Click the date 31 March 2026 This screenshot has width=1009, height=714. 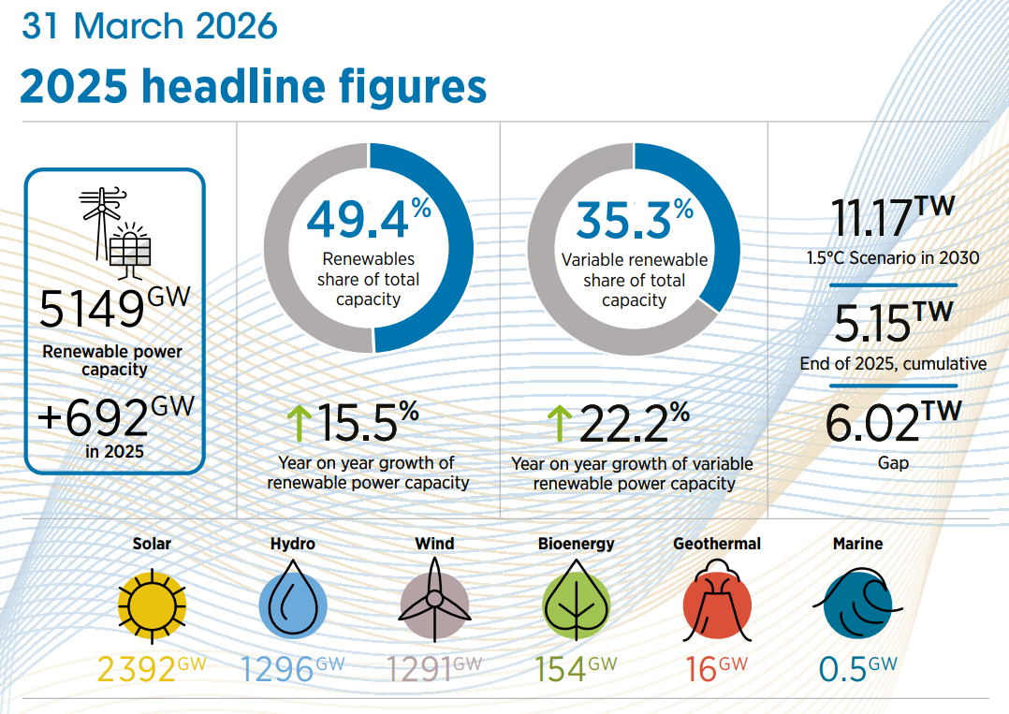(150, 25)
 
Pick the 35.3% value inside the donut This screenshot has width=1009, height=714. (635, 219)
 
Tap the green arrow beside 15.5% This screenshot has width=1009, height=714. (299, 423)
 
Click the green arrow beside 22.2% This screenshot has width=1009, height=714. (560, 423)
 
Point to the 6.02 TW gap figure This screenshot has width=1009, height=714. (893, 422)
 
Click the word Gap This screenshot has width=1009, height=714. (893, 462)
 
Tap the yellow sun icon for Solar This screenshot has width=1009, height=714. (152, 605)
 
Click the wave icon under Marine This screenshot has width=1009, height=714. (857, 603)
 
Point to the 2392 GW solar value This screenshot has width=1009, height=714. (152, 669)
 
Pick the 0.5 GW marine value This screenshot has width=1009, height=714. (857, 669)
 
